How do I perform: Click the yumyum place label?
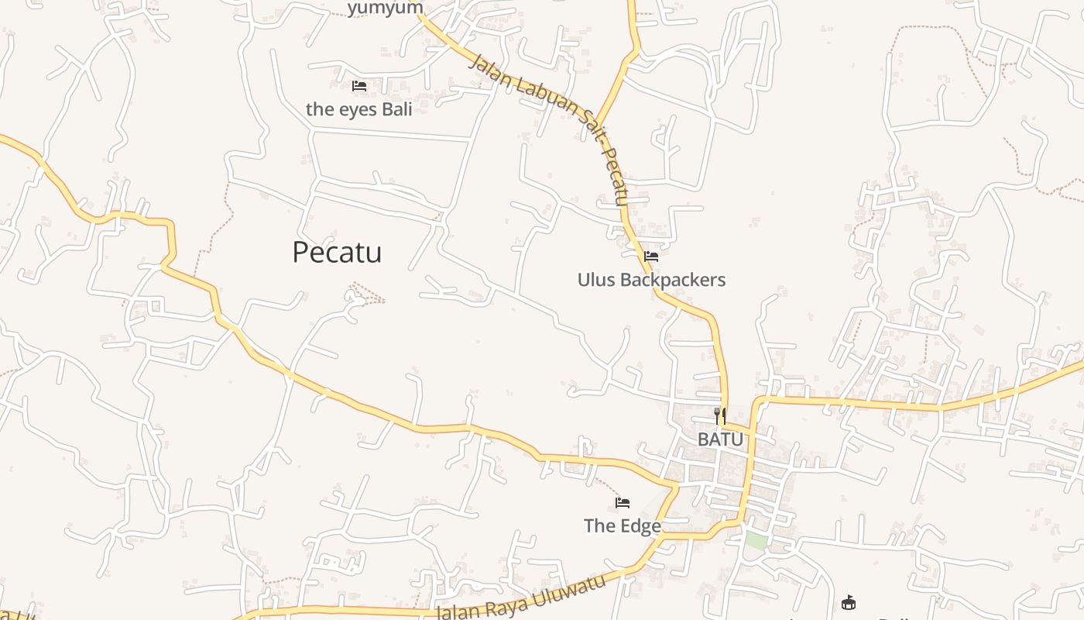[x=385, y=9]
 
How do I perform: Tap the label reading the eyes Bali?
[x=358, y=109]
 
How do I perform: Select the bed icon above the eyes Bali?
[x=358, y=86]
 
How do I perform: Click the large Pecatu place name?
[x=337, y=253]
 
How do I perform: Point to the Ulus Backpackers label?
[x=651, y=280]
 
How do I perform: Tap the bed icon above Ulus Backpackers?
[x=651, y=257]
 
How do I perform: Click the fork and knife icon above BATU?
[x=720, y=416]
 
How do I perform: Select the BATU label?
[x=720, y=439]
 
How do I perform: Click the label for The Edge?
[x=622, y=526]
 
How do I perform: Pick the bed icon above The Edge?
[x=622, y=503]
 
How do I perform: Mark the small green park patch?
[x=756, y=541]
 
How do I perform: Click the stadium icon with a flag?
[x=849, y=602]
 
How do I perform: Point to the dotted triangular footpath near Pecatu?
[x=365, y=295]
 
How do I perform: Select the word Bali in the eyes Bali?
[x=396, y=109]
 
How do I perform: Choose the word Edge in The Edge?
[x=640, y=526]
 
